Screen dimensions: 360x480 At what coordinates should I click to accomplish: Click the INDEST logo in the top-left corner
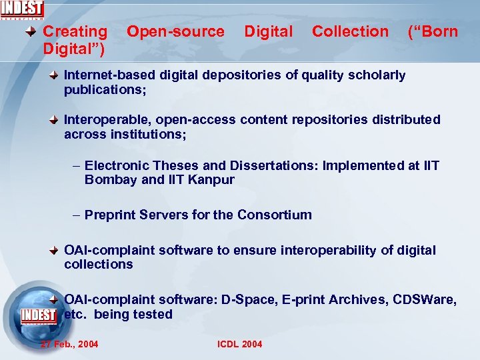23,10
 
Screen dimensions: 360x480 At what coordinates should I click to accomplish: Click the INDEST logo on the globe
39,314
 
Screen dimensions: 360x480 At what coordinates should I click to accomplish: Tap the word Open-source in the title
175,31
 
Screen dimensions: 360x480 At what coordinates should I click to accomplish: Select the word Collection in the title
350,31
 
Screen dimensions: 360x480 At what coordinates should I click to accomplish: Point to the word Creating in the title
75,31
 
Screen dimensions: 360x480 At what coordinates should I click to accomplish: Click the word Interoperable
102,120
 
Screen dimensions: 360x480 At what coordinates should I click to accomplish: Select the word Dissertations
275,165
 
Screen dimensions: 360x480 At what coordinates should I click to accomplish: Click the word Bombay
111,180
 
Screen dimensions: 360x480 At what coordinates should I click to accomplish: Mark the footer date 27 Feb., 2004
69,344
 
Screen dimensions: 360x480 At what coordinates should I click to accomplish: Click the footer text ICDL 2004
240,344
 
